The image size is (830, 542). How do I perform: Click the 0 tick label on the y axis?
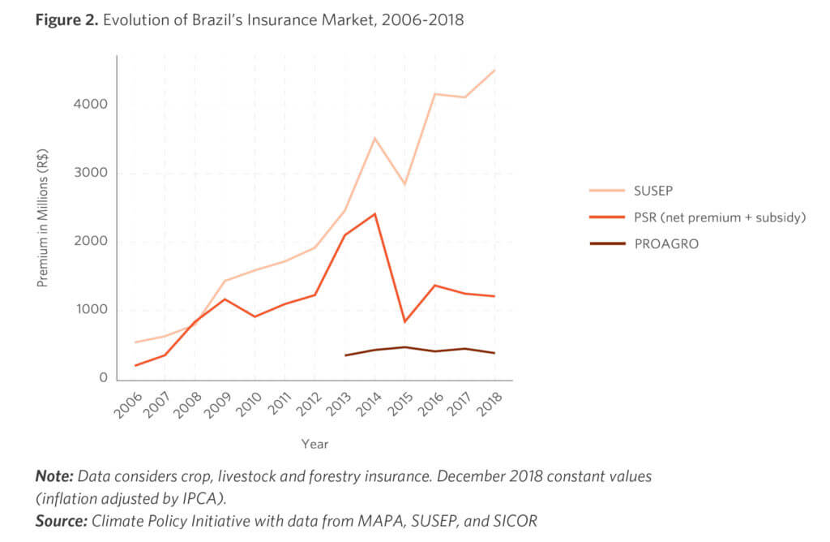103,378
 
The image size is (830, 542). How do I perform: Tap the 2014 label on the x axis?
369,402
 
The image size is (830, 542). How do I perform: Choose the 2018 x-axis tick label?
489,402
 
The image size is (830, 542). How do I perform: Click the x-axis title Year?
314,444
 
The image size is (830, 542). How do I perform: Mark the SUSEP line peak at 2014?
374,139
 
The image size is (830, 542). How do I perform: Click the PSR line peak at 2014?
374,213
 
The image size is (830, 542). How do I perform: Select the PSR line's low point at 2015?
404,322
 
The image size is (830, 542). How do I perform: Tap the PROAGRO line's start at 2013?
344,355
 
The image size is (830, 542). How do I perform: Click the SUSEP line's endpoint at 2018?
494,71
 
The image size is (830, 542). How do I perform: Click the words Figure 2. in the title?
65,20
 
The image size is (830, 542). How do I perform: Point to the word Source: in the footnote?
60,520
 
